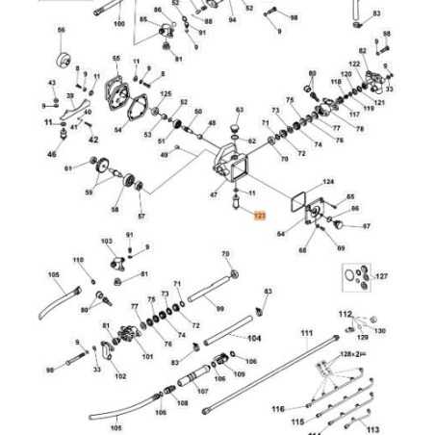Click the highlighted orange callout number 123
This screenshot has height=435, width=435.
tap(257, 218)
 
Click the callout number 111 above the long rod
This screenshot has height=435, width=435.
tap(306, 334)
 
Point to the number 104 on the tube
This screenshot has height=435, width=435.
tap(254, 339)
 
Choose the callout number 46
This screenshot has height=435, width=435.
tap(52, 154)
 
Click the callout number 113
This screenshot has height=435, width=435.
tap(374, 430)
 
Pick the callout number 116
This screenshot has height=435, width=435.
tap(277, 409)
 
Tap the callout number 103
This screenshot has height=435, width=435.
tap(107, 243)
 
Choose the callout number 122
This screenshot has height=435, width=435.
tap(353, 64)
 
